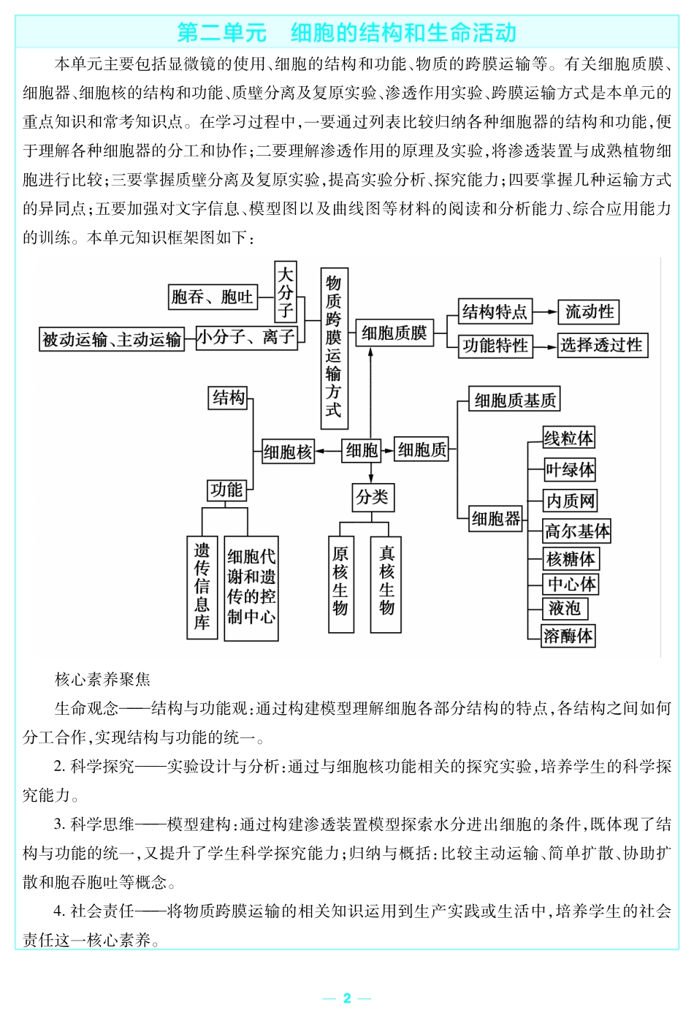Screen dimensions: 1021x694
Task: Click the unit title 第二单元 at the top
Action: pos(221,33)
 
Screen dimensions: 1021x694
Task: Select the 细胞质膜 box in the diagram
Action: pos(394,333)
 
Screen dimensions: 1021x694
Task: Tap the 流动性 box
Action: pos(589,312)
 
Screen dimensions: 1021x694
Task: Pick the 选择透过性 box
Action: pos(602,345)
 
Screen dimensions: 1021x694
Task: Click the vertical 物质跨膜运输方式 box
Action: pos(334,348)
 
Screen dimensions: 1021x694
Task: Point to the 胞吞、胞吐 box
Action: pos(213,297)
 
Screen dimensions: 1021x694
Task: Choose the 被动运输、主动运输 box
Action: pos(112,339)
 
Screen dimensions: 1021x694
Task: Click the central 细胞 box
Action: pos(362,450)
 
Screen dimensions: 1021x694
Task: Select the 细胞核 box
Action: pos(288,452)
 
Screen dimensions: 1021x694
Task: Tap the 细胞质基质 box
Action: pos(515,400)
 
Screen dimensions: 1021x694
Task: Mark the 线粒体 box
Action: pos(568,438)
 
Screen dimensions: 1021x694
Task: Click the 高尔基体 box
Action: pos(577,531)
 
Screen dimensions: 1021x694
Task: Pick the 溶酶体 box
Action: pos(568,635)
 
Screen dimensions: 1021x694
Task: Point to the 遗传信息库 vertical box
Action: pos(202,587)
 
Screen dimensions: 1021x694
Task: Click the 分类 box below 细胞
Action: pos(372,497)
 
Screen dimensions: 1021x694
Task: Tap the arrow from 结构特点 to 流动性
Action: pos(545,312)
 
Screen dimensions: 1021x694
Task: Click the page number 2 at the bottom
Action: pos(347,998)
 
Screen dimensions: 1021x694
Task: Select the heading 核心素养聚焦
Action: pos(102,680)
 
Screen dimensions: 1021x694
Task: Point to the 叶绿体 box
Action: pos(571,469)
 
